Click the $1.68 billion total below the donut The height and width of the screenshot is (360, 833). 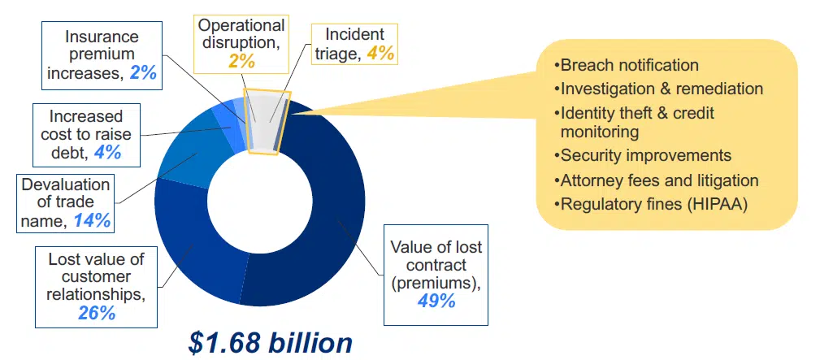coord(271,342)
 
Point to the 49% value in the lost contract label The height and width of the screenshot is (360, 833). coord(436,301)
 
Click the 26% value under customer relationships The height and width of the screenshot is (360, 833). coord(96,313)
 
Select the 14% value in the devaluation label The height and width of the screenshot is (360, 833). coord(92,219)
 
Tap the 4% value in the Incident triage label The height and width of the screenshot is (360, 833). coord(381,54)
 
